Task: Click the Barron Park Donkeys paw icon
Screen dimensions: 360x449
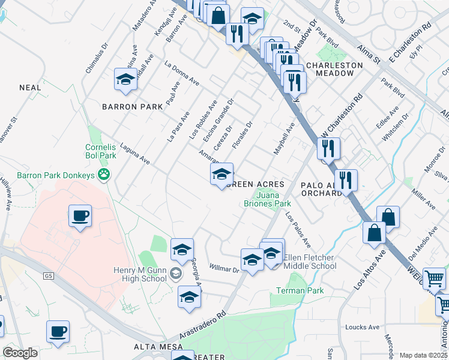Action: coord(105,175)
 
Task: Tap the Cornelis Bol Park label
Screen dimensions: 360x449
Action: coord(100,151)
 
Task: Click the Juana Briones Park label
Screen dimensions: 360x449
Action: coord(273,199)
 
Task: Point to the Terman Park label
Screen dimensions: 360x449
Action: coord(300,291)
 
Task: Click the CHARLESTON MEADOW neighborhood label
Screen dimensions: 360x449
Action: coord(334,69)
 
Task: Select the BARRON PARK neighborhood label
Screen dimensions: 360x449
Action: coord(132,106)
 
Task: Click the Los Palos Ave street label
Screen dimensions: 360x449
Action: coord(298,230)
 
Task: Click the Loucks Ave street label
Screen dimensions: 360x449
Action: coord(363,327)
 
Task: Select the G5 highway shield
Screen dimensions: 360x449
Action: coord(49,276)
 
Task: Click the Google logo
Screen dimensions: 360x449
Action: coord(20,353)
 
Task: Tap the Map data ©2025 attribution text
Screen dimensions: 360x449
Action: coord(423,355)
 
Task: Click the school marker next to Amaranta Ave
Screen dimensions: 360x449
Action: coord(221,175)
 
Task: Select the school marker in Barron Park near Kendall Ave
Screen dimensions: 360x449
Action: coord(125,80)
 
